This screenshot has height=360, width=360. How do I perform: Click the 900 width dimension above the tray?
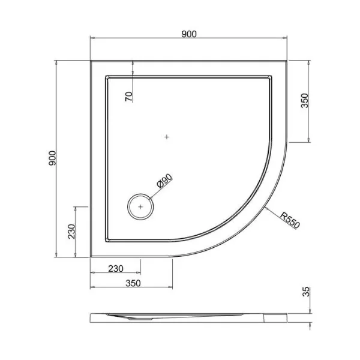point(189,34)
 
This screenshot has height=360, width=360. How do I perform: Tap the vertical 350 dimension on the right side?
point(304,100)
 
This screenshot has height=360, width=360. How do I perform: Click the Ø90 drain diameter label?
point(164,182)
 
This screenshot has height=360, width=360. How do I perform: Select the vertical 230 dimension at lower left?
point(71,232)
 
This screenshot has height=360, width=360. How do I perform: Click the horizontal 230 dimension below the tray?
point(115,269)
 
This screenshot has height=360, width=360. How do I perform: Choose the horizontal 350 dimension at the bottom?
point(131,283)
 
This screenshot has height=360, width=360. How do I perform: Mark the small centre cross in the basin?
point(167,137)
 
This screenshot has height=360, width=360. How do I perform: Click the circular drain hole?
point(141,206)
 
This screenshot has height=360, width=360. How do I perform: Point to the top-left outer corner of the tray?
point(91,59)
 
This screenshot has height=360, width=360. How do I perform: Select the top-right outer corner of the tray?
point(288,59)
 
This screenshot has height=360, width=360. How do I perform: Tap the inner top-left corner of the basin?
point(106,76)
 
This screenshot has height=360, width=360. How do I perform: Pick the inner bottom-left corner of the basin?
point(106,239)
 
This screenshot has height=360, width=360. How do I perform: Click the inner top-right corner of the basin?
point(272,76)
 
